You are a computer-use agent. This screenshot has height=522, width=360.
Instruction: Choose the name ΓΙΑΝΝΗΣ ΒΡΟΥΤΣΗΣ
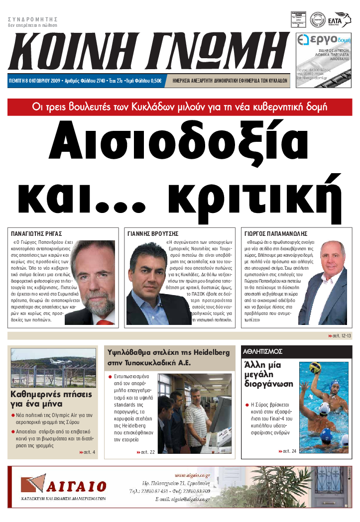pos(153,233)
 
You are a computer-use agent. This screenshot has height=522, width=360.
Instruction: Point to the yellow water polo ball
pos(315,368)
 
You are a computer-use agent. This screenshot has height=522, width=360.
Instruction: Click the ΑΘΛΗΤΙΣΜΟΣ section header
pos(263,351)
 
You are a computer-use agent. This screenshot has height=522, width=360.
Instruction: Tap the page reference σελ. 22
pos(146,452)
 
